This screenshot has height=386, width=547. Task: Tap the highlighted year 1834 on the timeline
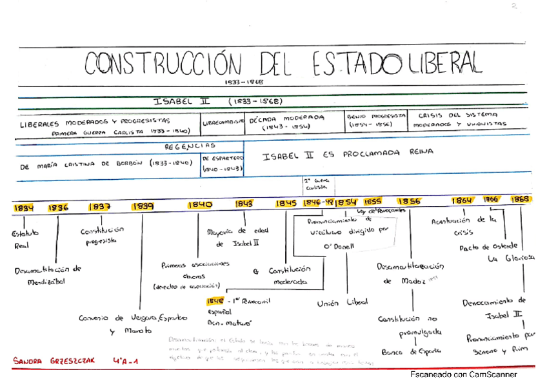pos(24,207)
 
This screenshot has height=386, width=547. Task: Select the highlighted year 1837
pos(99,207)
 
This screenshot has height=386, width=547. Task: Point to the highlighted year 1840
pos(200,204)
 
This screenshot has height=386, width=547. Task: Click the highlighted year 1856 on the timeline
pos(409,201)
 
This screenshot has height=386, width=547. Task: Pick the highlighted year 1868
pos(521,200)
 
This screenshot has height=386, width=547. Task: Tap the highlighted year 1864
pos(462,200)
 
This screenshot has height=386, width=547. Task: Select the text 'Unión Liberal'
pos(343,302)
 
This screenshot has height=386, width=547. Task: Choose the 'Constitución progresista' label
pos(102,235)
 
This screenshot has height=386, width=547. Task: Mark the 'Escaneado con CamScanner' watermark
pos(463,374)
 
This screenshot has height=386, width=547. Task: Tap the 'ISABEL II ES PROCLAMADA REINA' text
pos(348,153)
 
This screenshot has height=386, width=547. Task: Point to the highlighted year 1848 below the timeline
pos(215,301)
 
